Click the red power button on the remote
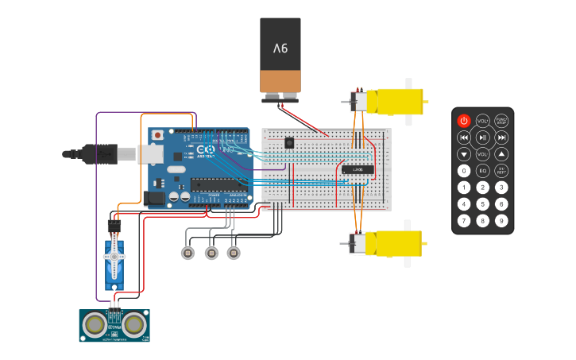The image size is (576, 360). point(463,121)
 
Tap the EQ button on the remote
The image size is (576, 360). point(482,171)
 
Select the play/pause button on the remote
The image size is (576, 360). point(482,137)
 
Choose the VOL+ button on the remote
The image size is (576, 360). point(482,121)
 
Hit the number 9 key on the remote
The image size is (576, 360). point(501,220)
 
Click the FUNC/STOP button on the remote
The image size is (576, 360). point(501,121)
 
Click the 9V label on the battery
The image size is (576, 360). point(280,48)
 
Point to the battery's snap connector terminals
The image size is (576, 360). point(280,98)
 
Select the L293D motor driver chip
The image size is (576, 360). point(358,168)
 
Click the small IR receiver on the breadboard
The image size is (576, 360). point(288,143)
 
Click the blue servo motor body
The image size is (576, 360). point(115,262)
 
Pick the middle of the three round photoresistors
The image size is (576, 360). point(211,253)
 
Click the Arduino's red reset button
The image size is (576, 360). point(157,135)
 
